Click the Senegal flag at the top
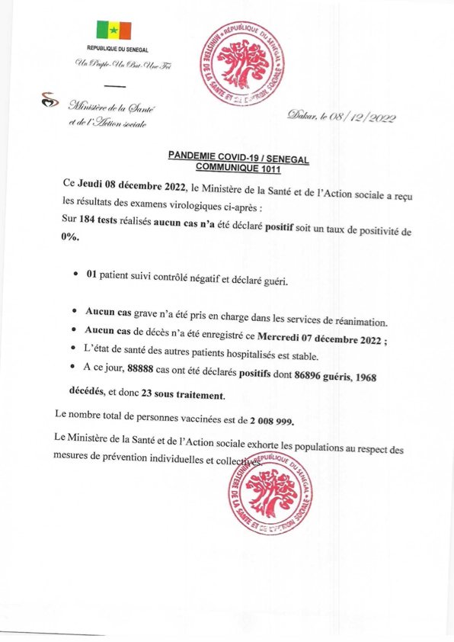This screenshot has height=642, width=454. (x=113, y=30)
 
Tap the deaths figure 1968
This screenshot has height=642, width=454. (x=361, y=377)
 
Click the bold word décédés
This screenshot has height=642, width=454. (x=77, y=395)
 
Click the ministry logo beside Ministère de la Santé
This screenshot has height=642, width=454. (x=50, y=99)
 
